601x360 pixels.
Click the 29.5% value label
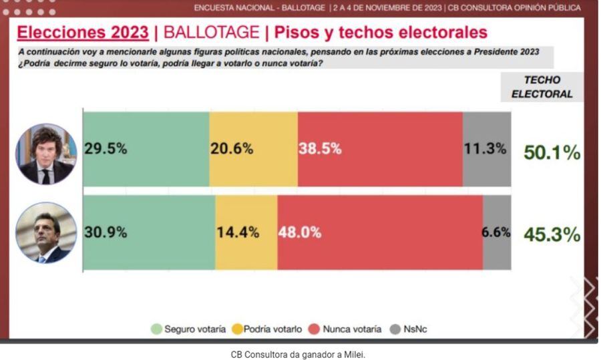tap(106, 149)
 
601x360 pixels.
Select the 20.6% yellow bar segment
tap(253, 149)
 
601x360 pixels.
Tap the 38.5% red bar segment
tap(380, 149)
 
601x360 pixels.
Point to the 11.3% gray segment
tap(487, 149)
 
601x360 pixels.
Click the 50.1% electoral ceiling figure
tap(552, 153)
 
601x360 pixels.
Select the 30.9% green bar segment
tap(148, 232)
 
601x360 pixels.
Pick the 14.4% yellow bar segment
tap(246, 232)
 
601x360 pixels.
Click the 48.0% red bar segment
tap(380, 232)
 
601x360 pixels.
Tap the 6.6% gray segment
tap(497, 232)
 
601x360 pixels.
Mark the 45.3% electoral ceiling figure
tap(552, 234)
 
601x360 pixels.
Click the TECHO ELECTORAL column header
tap(542, 87)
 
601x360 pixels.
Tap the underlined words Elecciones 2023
tap(82, 32)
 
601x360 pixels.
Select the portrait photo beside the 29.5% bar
tap(46, 154)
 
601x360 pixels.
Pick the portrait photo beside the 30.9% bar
tap(46, 233)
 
